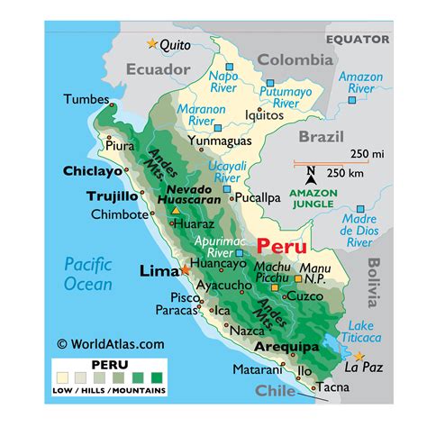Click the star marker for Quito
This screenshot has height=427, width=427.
click(x=151, y=43)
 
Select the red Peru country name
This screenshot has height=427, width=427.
click(x=281, y=246)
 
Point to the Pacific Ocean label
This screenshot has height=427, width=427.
click(x=88, y=274)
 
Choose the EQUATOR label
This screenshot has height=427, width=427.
click(x=358, y=40)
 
